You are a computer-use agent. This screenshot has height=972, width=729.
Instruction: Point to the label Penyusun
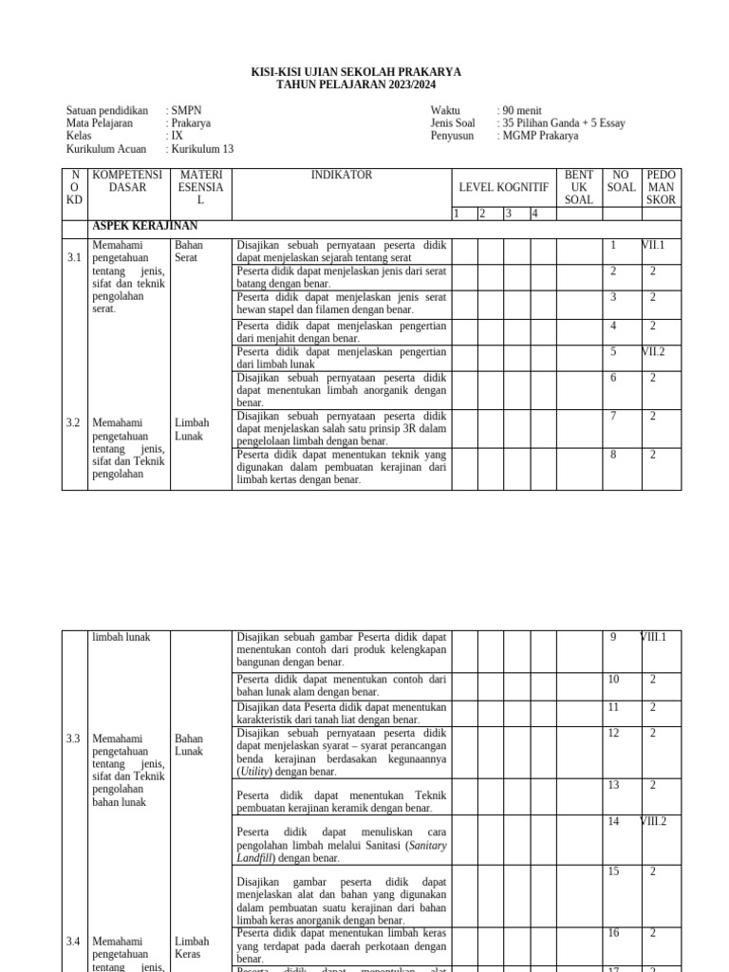coord(452,136)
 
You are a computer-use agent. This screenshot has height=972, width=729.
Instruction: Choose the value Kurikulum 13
coord(202,149)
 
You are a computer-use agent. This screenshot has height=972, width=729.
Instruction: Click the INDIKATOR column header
coord(342,176)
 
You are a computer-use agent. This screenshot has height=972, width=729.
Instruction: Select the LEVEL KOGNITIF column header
coord(503,188)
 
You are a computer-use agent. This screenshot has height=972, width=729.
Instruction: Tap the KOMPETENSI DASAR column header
coord(128,181)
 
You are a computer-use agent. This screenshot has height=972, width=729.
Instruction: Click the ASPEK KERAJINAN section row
coord(144,226)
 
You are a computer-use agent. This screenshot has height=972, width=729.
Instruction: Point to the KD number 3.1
coord(74,258)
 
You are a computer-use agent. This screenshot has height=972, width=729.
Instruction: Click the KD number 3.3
coord(74,738)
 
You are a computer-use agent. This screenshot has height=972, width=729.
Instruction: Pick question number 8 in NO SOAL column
coord(613,455)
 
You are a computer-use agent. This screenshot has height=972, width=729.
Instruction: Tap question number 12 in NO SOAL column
coord(613,733)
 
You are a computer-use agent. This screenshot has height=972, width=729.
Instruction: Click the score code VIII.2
coord(653,821)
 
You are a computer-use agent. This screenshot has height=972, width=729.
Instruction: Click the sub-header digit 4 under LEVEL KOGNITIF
coord(534,214)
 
